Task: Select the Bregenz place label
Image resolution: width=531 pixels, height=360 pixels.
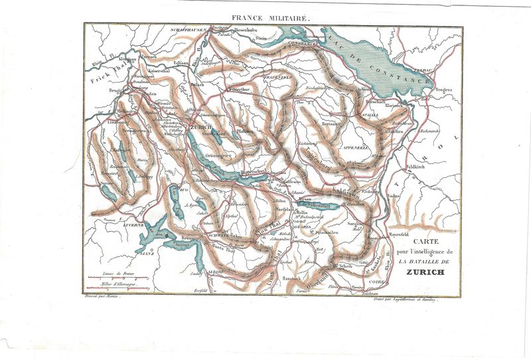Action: coord(444,88)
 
